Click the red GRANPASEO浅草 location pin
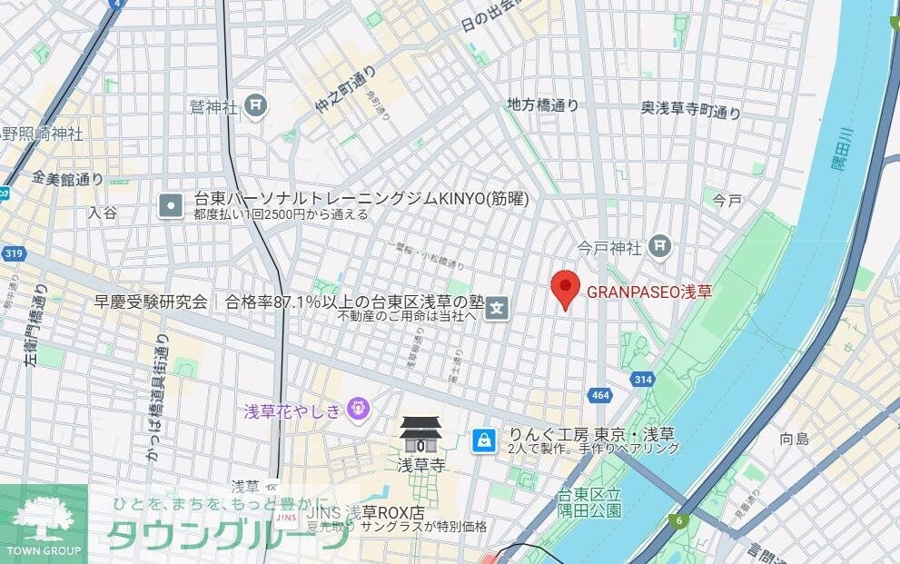click(x=566, y=288)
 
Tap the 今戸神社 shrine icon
click(x=661, y=245)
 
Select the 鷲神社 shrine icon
click(x=257, y=106)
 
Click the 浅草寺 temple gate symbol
click(x=420, y=435)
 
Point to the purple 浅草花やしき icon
click(x=359, y=411)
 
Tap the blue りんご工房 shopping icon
click(x=483, y=441)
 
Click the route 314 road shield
click(x=643, y=379)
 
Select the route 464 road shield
click(x=599, y=394)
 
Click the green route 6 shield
click(x=677, y=520)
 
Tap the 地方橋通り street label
click(x=543, y=105)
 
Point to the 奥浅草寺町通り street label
click(x=690, y=110)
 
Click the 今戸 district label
click(x=727, y=199)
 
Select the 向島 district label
click(x=795, y=439)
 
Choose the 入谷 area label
click(x=103, y=212)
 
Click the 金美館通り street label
click(x=67, y=177)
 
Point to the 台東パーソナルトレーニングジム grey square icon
click(x=171, y=205)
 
